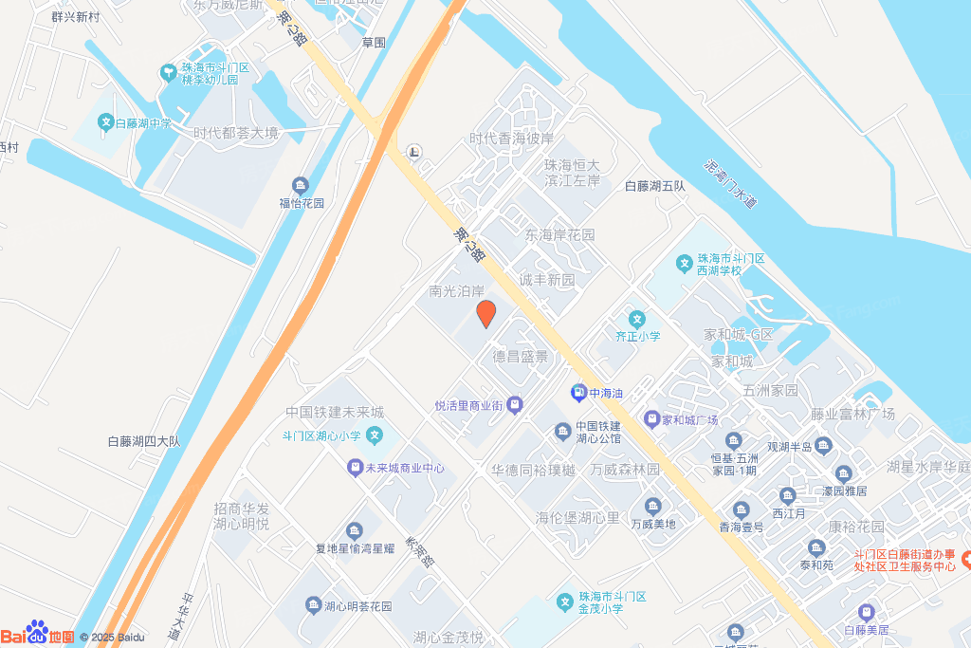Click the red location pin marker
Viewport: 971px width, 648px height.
(485, 313)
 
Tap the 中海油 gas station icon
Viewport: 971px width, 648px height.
(577, 392)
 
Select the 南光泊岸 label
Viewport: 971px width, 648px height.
(456, 291)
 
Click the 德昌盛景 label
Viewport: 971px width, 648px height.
(520, 357)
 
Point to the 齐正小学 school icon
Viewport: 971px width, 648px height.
(638, 319)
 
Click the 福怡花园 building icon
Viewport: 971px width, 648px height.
(301, 185)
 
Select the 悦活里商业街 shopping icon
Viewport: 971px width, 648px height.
(515, 405)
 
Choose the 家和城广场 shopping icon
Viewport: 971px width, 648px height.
(651, 419)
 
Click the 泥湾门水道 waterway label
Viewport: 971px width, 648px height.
(730, 184)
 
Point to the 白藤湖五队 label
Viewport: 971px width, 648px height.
(654, 186)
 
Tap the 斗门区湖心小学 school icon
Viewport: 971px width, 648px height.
(376, 436)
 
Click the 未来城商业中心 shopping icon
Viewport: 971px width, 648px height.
(353, 468)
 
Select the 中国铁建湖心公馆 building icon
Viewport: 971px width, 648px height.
(562, 432)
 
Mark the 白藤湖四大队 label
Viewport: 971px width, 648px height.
(144, 440)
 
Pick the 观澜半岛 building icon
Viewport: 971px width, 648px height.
(822, 446)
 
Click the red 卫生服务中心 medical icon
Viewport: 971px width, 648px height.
(965, 560)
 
